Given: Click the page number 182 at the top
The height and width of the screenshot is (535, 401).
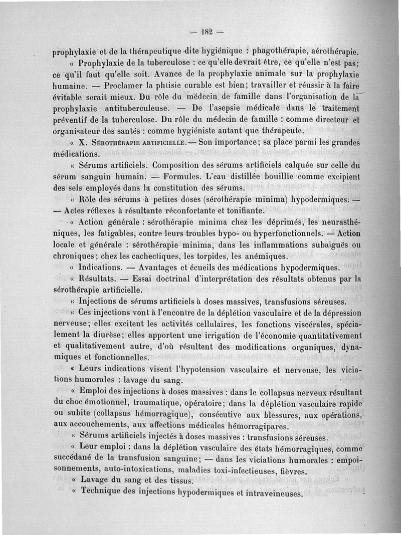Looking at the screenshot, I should [206, 32].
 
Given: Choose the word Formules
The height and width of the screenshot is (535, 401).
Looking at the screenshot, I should [181, 177].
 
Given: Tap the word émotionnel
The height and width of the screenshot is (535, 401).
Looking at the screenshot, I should [116, 403].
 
